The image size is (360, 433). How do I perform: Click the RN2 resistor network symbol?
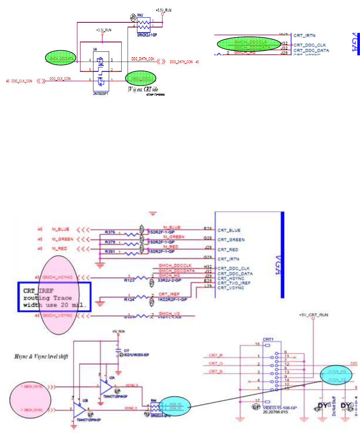tap(144, 25)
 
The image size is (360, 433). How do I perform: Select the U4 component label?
tap(95, 49)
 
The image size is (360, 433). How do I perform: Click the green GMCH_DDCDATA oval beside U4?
tap(61, 59)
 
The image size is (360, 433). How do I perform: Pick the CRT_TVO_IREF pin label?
tap(234, 283)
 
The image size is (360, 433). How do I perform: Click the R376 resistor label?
tap(110, 232)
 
